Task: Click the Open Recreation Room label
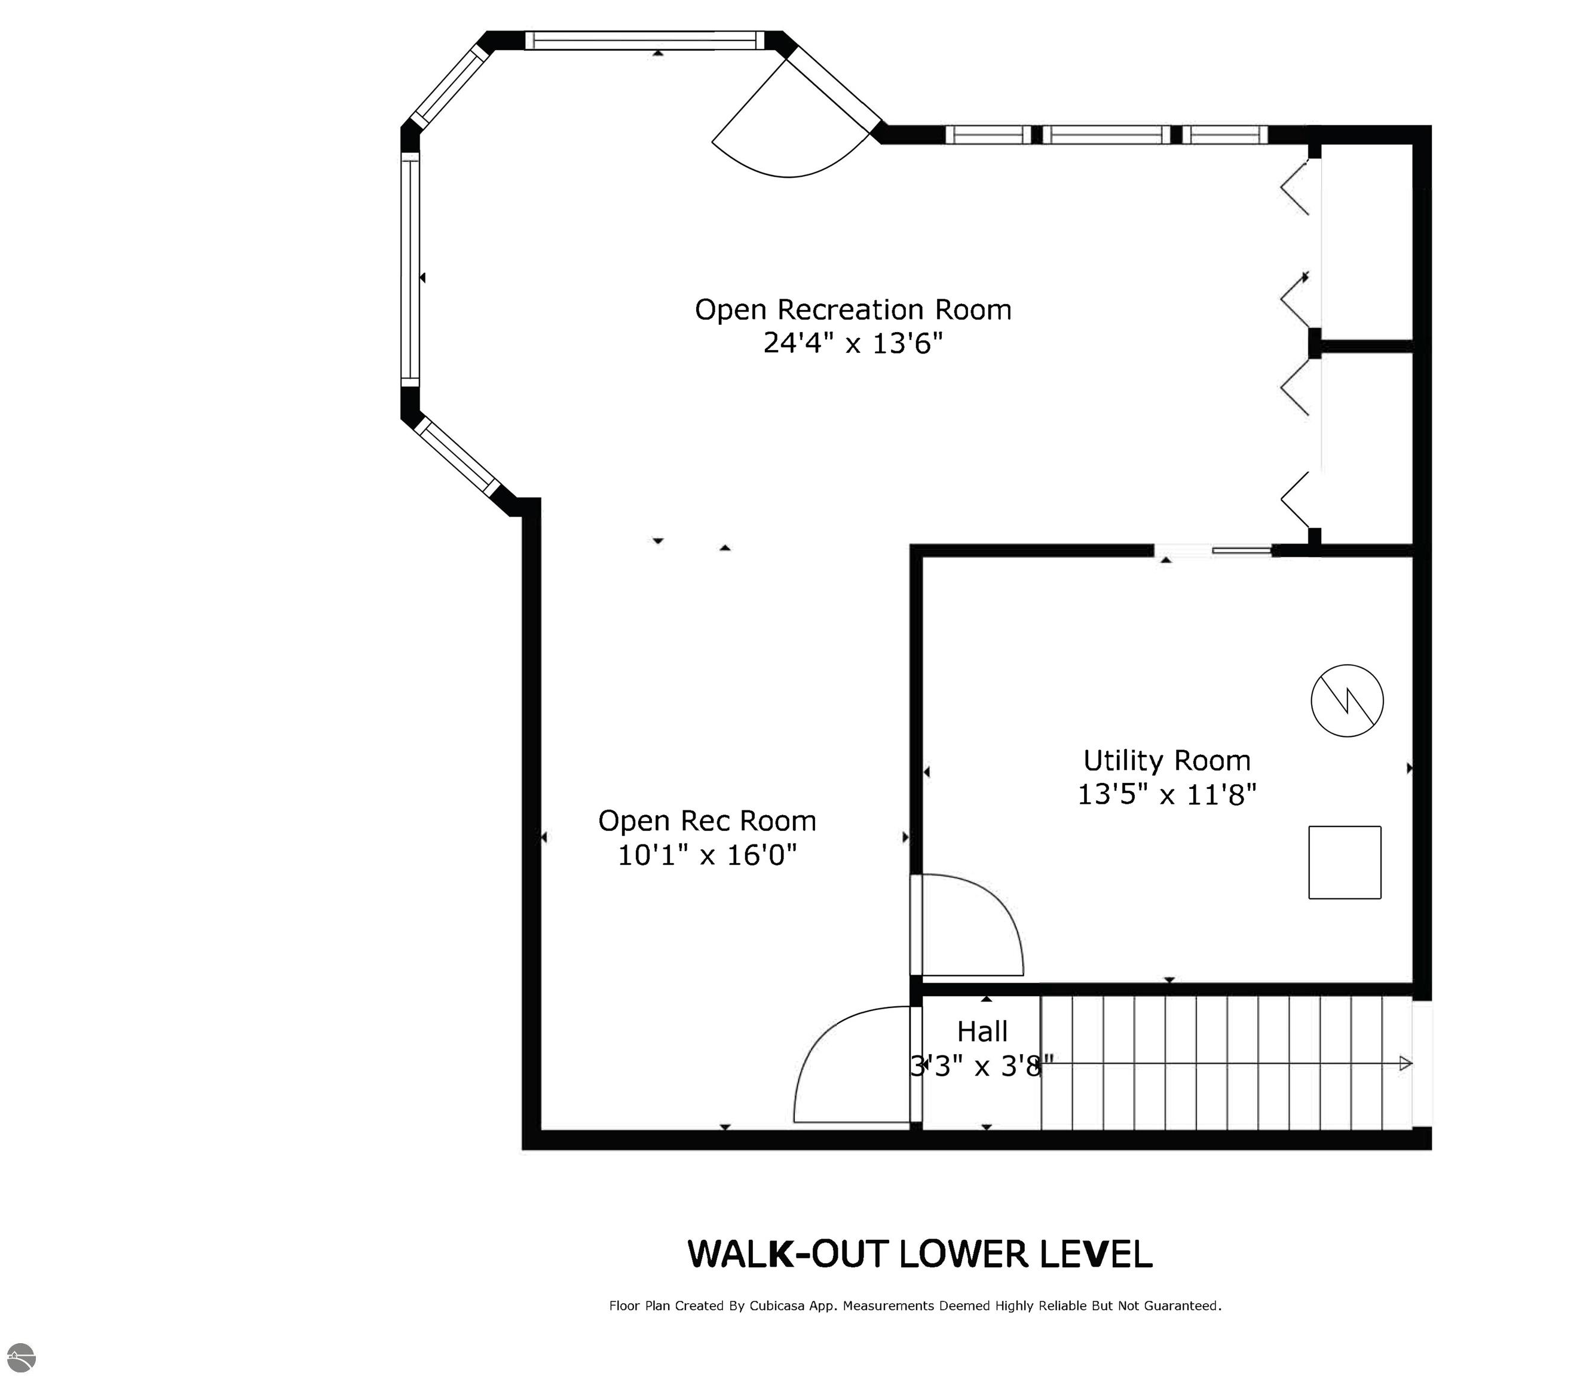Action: pyautogui.click(x=853, y=309)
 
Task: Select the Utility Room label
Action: pyautogui.click(x=1167, y=760)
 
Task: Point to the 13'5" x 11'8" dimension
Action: pyautogui.click(x=1167, y=794)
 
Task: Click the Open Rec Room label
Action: pyautogui.click(x=707, y=821)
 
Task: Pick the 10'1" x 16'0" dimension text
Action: pyautogui.click(x=707, y=855)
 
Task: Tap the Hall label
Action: pyautogui.click(x=982, y=1031)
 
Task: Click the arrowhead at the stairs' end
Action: pyautogui.click(x=1405, y=1064)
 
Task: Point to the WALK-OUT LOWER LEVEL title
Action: pyautogui.click(x=920, y=1254)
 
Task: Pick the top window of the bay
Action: pyautogui.click(x=645, y=40)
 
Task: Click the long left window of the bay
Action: pyautogui.click(x=411, y=269)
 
